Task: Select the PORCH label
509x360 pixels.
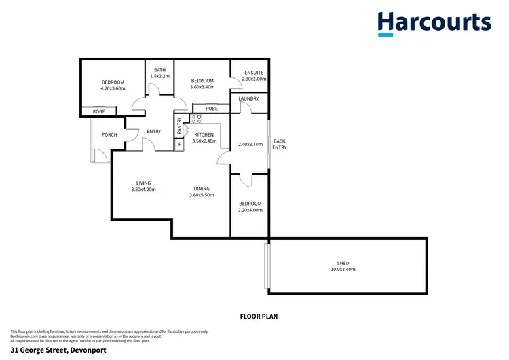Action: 109,134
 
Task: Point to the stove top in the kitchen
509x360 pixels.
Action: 196,118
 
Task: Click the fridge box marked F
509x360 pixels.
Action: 179,144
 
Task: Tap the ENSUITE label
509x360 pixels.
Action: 254,72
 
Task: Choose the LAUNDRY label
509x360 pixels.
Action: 248,99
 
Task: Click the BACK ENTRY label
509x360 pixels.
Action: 280,144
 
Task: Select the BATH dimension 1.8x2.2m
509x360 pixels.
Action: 160,76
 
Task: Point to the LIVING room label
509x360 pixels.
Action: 143,183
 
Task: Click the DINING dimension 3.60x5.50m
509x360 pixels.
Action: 202,196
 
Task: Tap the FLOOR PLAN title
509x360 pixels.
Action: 259,316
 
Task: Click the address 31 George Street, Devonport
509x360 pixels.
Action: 58,350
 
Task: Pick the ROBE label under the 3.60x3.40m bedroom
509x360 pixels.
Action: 212,108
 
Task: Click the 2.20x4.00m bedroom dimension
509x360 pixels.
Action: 250,210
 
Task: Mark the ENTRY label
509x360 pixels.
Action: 153,131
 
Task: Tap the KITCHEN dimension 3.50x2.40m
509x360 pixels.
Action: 204,141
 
